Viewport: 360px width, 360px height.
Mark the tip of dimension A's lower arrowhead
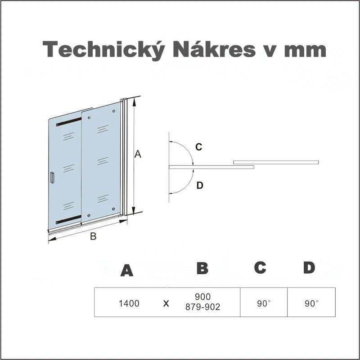[134, 213]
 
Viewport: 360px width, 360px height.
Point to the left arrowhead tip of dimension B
[49, 240]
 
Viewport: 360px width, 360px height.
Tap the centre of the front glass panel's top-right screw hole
[114, 111]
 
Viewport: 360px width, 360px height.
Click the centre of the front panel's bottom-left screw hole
[89, 215]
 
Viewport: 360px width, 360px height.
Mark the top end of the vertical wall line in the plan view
[169, 132]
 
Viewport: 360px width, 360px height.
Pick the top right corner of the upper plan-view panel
[319, 161]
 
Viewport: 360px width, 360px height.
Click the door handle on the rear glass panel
[52, 178]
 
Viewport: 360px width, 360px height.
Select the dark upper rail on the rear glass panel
[69, 122]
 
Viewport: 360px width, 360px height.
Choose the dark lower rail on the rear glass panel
[69, 219]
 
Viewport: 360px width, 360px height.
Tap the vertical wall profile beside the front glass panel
[124, 157]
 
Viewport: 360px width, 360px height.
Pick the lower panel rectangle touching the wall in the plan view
[211, 167]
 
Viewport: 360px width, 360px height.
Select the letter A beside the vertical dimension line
[138, 154]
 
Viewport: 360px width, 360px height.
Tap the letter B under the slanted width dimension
[93, 236]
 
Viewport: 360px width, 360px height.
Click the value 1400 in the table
[129, 303]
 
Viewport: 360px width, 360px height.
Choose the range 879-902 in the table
[203, 307]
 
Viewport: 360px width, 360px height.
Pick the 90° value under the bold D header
[312, 303]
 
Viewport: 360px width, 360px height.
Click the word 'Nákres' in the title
[214, 49]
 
